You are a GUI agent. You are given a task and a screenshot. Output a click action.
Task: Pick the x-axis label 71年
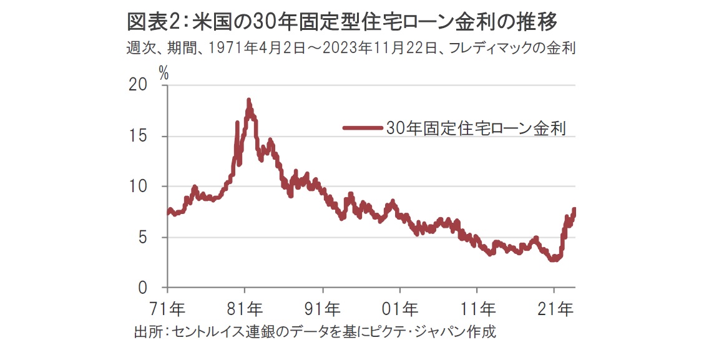coord(168,309)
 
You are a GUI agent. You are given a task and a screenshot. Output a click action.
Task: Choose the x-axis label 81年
coord(245,309)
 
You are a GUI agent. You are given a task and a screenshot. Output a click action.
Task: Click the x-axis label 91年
coord(323,309)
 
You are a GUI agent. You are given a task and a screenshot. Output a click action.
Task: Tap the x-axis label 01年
coord(400,309)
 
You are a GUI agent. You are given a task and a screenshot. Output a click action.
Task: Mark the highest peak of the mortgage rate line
coord(248,100)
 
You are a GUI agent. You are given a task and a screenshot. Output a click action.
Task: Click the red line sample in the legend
coord(362,129)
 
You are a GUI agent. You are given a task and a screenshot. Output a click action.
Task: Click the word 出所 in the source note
coord(147,331)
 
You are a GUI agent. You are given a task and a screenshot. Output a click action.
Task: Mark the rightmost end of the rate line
coord(574,209)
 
